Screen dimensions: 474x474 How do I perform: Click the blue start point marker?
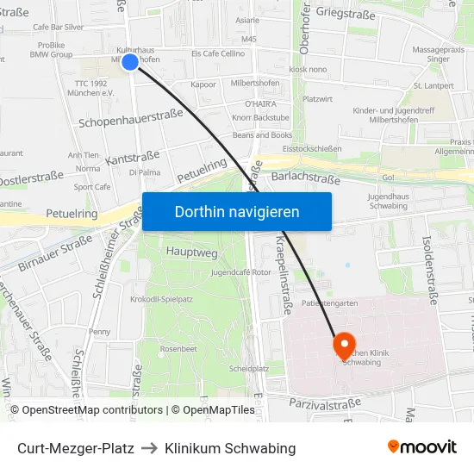[130, 61]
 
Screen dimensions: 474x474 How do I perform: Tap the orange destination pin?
[344, 346]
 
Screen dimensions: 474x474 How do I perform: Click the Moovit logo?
[422, 447]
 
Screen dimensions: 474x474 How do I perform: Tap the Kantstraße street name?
[132, 158]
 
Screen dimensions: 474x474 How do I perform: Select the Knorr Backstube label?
[261, 117]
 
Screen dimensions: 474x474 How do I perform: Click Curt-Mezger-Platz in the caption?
[75, 448]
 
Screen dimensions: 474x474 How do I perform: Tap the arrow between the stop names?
[149, 448]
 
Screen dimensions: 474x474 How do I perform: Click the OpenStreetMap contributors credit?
[87, 410]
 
